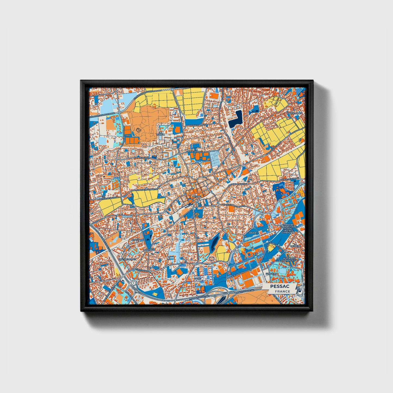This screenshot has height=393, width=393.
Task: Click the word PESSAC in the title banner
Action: click(280, 286)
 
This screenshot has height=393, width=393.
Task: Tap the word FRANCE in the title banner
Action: click(282, 291)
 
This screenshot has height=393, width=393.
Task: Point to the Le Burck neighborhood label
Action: click(162, 133)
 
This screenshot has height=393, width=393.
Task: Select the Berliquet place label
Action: click(295, 113)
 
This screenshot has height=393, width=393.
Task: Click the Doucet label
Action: click(253, 233)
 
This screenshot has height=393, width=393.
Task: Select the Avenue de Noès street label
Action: click(142, 157)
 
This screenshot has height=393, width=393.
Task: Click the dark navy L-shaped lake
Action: click(236, 120)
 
